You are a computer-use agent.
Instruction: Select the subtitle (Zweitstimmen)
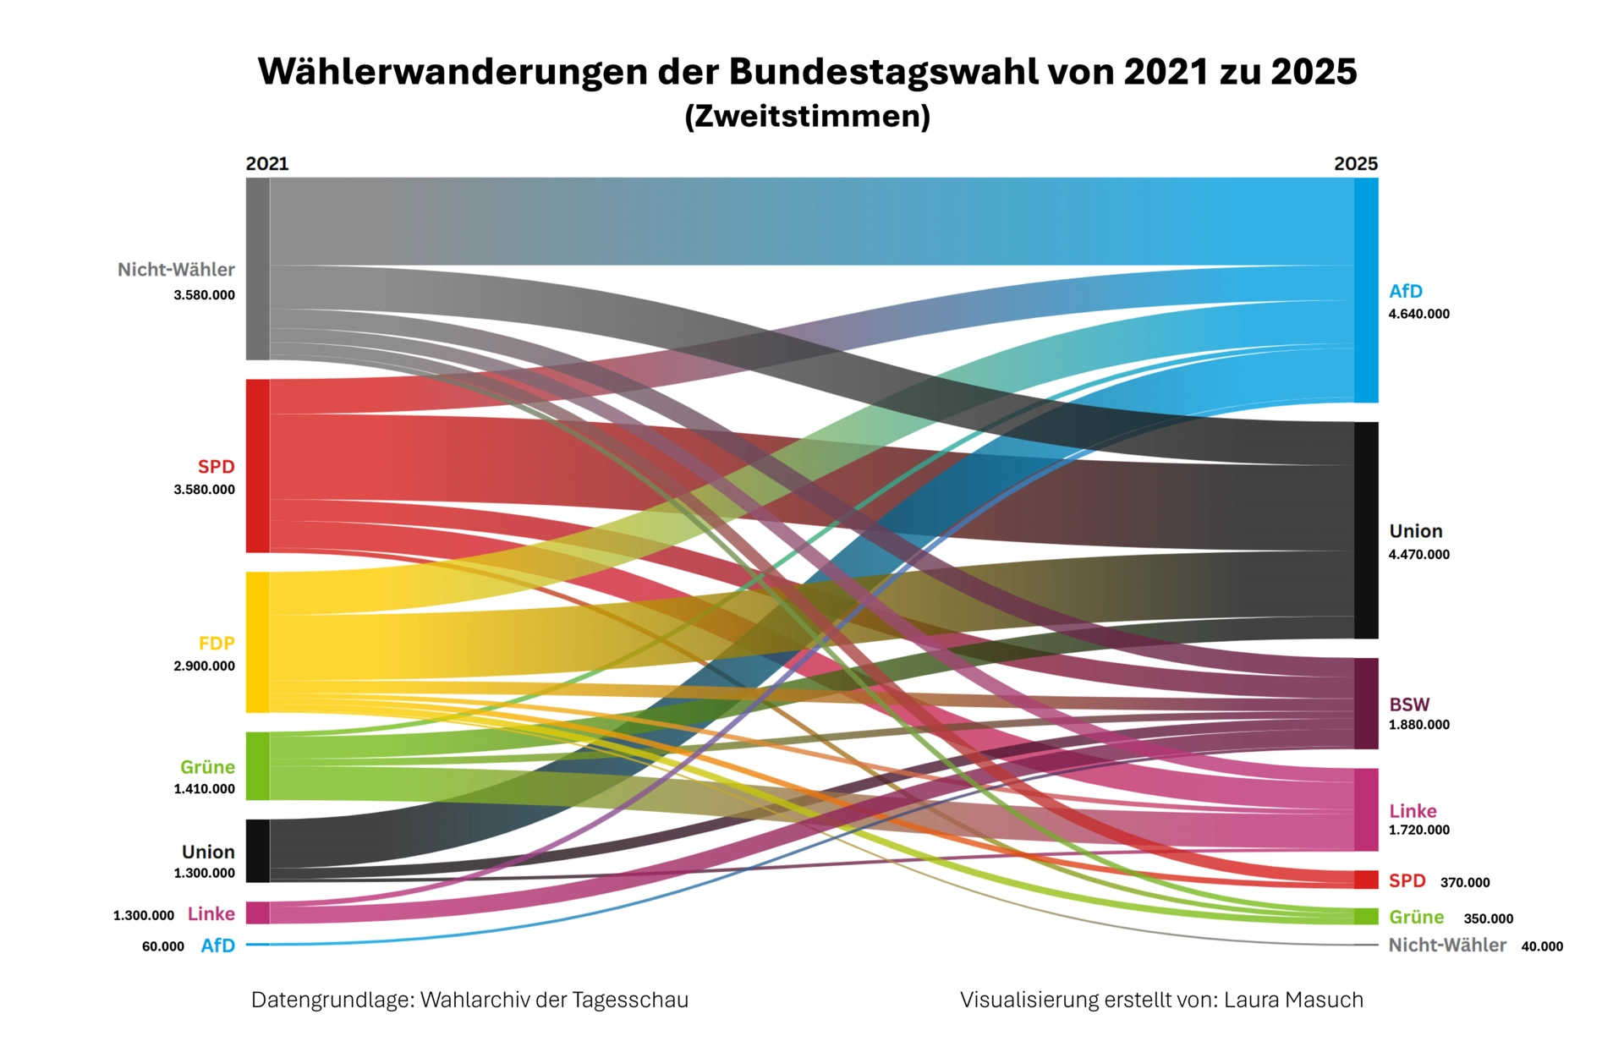[807, 116]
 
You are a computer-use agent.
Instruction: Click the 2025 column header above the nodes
[1355, 163]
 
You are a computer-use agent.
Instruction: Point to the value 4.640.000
[1418, 314]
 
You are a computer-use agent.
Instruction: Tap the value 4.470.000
[1418, 555]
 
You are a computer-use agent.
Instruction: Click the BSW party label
[1409, 704]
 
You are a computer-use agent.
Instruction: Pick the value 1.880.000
[1418, 725]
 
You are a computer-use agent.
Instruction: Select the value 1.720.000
[1418, 831]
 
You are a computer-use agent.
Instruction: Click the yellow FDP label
[217, 644]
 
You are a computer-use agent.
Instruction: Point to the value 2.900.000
[204, 666]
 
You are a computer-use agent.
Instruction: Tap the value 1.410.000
[204, 789]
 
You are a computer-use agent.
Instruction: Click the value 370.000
[1465, 883]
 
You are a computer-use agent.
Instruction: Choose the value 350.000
[1488, 919]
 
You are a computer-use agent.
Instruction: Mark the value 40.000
[1542, 947]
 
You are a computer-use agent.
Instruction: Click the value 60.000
[162, 947]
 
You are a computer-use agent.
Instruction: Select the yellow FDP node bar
[257, 642]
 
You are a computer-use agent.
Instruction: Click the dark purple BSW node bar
[1366, 704]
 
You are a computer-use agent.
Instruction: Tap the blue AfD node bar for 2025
[1366, 290]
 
